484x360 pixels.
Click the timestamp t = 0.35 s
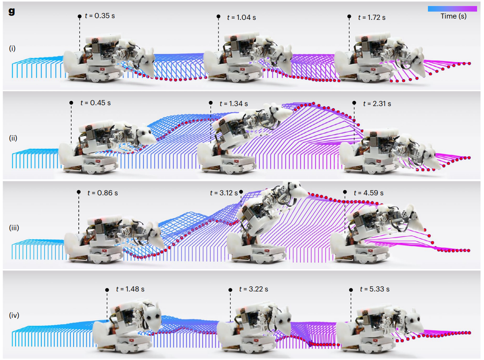point(100,16)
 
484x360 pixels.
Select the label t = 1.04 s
point(241,18)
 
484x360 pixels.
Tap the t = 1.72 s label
point(372,18)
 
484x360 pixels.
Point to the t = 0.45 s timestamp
point(95,103)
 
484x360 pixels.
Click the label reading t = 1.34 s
point(234,104)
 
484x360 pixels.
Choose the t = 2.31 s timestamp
point(377,104)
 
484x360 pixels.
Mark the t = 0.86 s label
point(103,193)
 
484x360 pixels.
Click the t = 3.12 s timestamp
point(224,193)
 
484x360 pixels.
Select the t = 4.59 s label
point(368,193)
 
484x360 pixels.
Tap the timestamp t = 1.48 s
point(130,289)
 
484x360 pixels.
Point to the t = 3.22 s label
point(253,289)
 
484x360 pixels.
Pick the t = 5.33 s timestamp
point(375,289)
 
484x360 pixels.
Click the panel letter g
point(12,11)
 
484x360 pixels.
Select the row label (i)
point(12,48)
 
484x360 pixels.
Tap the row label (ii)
point(13,138)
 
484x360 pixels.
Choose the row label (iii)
point(14,228)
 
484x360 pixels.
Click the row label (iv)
point(14,315)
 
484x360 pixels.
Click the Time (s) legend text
point(453,16)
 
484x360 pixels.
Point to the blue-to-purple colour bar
point(452,9)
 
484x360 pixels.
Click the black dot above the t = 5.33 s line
point(351,290)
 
